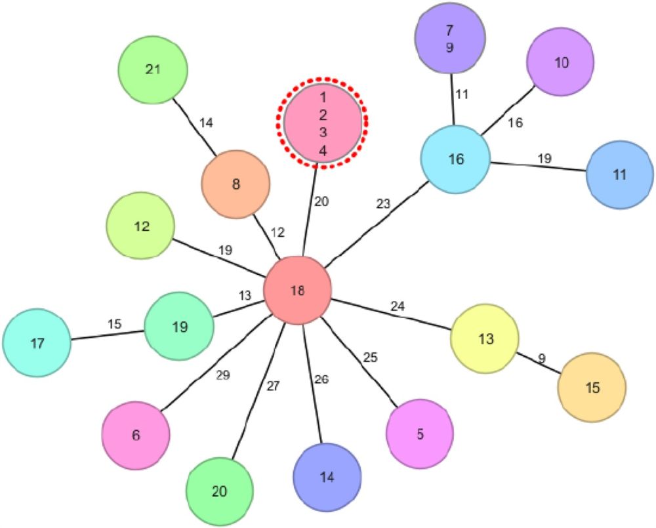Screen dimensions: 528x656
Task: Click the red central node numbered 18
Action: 297,291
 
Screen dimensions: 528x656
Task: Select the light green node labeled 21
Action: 153,70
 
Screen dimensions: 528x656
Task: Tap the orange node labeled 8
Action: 236,184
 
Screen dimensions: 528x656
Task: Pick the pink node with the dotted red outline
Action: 322,124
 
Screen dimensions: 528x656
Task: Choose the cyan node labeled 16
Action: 455,159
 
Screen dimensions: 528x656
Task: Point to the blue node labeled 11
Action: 619,175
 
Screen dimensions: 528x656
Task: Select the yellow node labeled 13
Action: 485,338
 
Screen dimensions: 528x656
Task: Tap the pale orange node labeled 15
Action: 592,388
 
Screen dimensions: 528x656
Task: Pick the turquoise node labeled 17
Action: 37,343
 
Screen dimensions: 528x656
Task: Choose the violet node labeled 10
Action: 561,63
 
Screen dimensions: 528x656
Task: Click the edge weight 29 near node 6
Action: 223,375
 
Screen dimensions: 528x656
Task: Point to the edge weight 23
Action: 383,204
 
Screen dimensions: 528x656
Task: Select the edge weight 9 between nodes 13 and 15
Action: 542,359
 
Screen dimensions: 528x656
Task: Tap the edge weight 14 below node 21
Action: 206,123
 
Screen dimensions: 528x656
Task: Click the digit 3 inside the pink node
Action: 323,132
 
